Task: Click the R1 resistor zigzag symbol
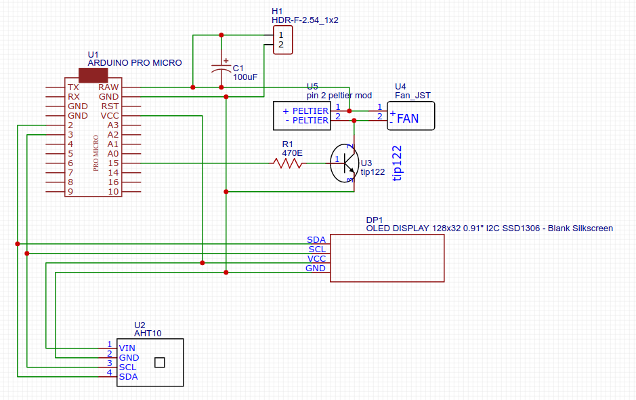pyautogui.click(x=287, y=163)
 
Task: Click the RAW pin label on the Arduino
pyautogui.click(x=108, y=87)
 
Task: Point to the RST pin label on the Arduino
pyautogui.click(x=110, y=106)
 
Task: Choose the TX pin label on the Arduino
pyautogui.click(x=73, y=87)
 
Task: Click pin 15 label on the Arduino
pyautogui.click(x=112, y=163)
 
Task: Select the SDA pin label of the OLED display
pyautogui.click(x=316, y=240)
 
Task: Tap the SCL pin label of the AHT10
pyautogui.click(x=128, y=367)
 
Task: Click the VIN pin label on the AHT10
pyautogui.click(x=127, y=348)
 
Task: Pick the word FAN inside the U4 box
pyautogui.click(x=408, y=119)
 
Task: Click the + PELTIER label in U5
pyautogui.click(x=305, y=111)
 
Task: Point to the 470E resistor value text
pyautogui.click(x=293, y=153)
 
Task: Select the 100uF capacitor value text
pyautogui.click(x=245, y=77)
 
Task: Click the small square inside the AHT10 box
pyautogui.click(x=160, y=362)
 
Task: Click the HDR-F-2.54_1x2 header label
pyautogui.click(x=304, y=20)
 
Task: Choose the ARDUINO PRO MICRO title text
pyautogui.click(x=135, y=62)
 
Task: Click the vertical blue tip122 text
pyautogui.click(x=398, y=163)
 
